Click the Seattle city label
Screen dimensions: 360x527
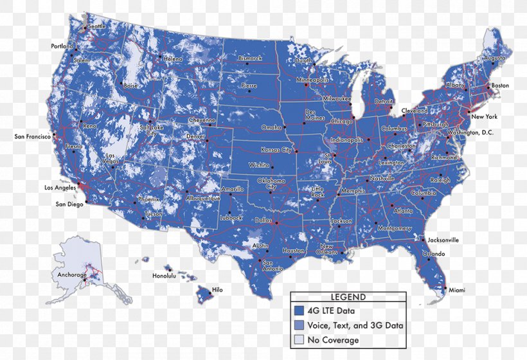(97, 26)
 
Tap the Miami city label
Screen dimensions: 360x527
(457, 290)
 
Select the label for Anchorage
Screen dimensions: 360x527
(71, 275)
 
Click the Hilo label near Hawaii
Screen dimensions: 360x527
(217, 290)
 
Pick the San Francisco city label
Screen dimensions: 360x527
(33, 136)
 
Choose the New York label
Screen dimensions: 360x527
(485, 117)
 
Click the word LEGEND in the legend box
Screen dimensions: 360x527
(348, 297)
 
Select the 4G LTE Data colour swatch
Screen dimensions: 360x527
(299, 311)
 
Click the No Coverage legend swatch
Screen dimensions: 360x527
(299, 340)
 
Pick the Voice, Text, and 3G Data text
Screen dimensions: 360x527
(355, 326)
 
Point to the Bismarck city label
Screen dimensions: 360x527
(250, 58)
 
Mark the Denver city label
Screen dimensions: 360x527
(195, 136)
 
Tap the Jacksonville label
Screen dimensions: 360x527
(443, 240)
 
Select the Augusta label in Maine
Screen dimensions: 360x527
(494, 57)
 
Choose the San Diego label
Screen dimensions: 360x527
(69, 204)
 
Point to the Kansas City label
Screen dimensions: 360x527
(276, 150)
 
